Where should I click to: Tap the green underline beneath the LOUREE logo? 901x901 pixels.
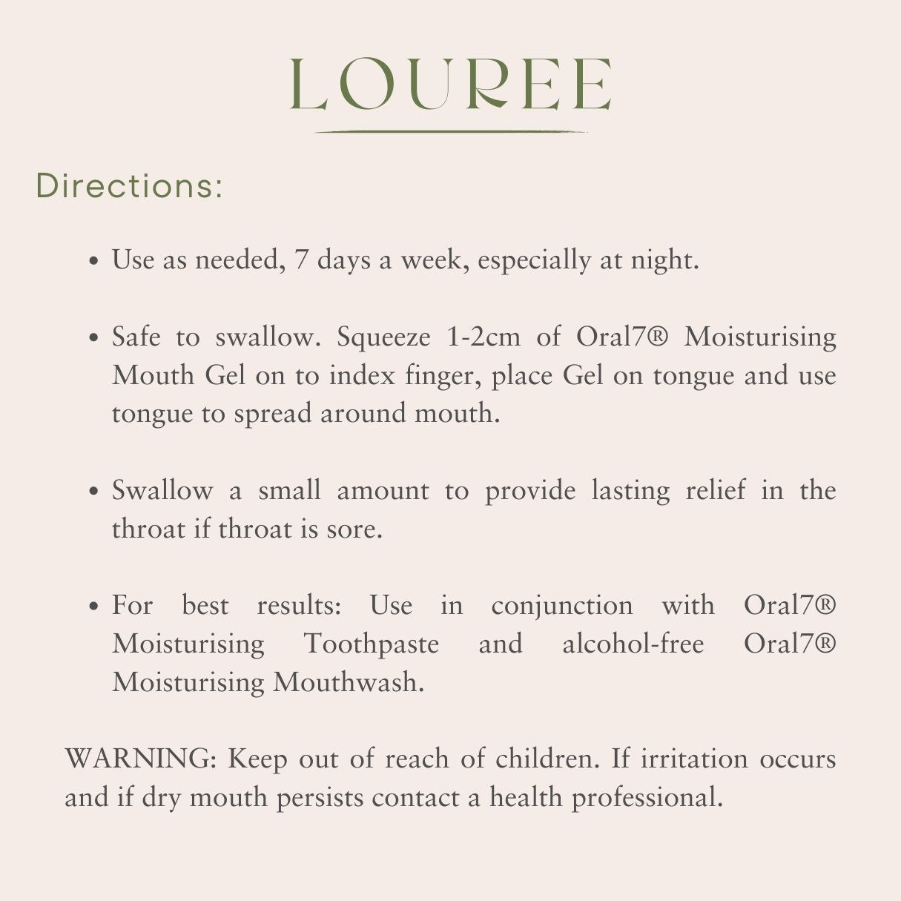point(450,132)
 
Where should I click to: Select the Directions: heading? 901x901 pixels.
point(129,185)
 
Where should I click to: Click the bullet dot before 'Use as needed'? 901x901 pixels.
point(94,261)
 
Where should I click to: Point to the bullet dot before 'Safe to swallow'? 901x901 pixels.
point(94,338)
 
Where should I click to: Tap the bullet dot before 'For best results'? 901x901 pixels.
point(94,607)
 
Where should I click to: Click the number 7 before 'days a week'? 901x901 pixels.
point(302,260)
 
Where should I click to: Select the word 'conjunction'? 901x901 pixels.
point(562,607)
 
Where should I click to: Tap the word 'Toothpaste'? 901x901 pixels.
point(372,644)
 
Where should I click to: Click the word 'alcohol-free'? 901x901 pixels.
point(633,644)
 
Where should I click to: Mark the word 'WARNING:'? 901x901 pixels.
point(141,759)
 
